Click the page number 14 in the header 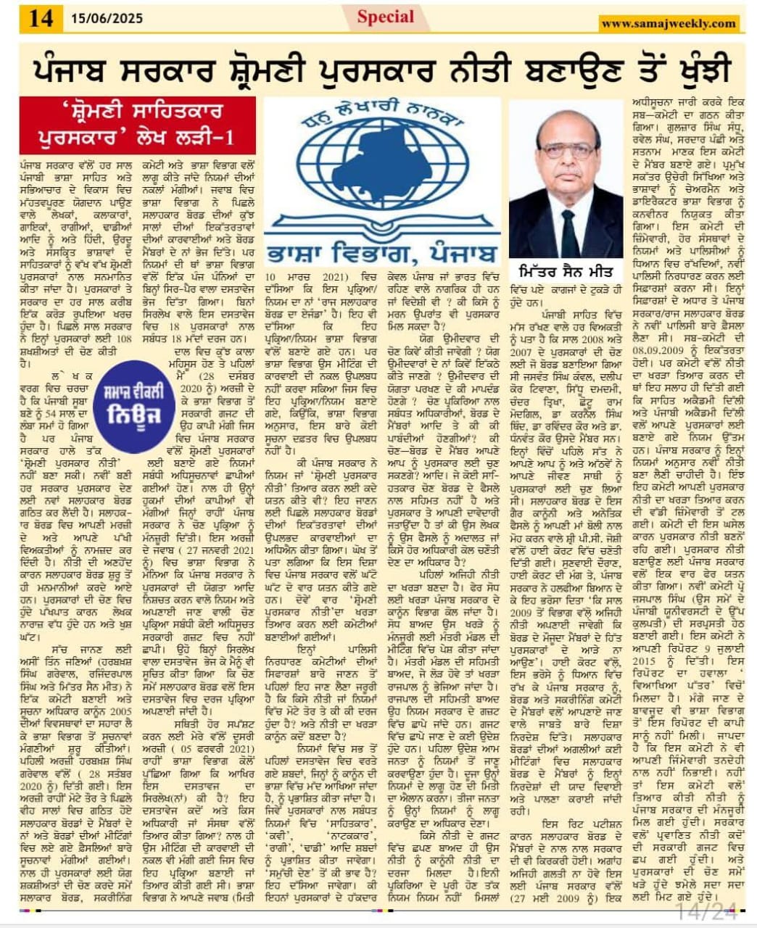(41, 17)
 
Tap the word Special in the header (385, 17)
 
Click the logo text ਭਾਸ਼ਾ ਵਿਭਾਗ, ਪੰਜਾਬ (382, 254)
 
